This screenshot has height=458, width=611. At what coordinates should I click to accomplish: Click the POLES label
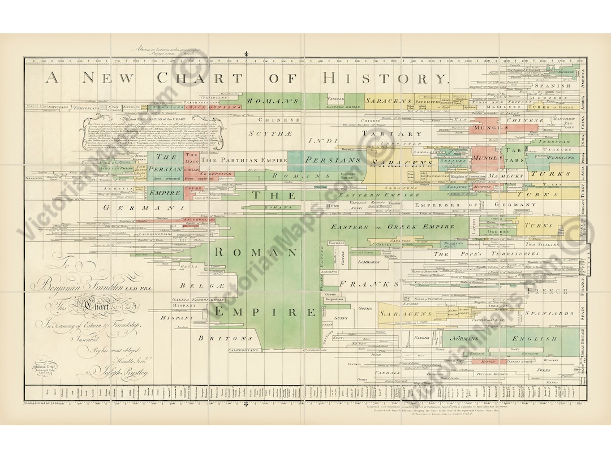pyautogui.click(x=543, y=370)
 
